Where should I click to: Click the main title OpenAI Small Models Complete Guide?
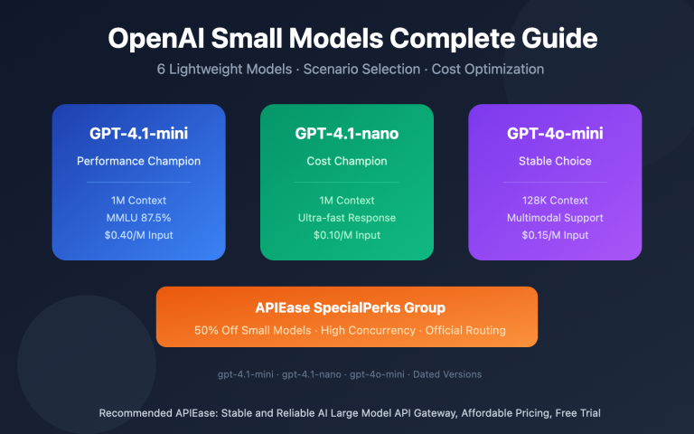(x=347, y=39)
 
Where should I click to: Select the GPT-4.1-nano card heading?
(x=347, y=134)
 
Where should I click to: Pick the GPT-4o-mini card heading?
(x=555, y=134)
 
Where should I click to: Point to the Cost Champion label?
(x=347, y=160)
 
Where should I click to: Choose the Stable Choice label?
(x=555, y=160)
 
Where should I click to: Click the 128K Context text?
(x=555, y=200)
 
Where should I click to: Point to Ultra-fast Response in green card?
(x=347, y=218)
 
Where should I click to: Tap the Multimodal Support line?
(x=555, y=218)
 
